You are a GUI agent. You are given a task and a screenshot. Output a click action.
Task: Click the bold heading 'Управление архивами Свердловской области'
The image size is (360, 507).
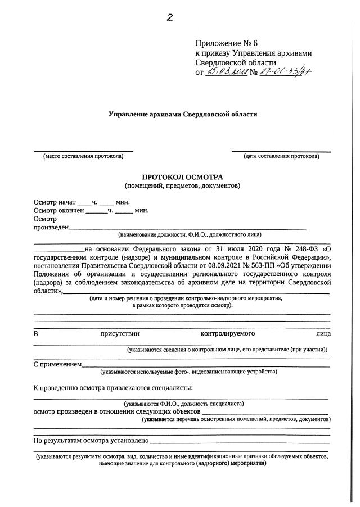pos(182,114)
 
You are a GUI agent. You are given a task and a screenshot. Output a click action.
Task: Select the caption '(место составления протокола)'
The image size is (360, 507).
pos(83,156)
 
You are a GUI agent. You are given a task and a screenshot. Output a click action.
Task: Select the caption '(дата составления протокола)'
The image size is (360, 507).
pos(281,156)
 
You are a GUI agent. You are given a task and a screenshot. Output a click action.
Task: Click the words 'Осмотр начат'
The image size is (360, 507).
pos(54,202)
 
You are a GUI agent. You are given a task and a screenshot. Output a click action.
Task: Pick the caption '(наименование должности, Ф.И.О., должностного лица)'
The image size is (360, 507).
pos(190,234)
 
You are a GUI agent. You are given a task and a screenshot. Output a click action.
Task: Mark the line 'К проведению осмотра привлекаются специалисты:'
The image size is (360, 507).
pos(112,387)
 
